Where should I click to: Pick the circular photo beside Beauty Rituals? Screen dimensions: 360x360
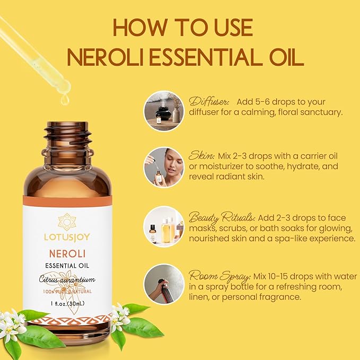coord(164,226)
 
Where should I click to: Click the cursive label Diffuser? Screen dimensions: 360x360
coord(209,101)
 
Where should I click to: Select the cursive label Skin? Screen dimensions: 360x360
coord(201,157)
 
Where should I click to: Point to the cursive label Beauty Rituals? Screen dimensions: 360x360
coord(222,218)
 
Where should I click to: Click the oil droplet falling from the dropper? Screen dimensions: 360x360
coord(65,99)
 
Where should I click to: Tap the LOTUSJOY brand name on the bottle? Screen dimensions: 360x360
coord(67,233)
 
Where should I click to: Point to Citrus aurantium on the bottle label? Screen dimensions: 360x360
coord(67,280)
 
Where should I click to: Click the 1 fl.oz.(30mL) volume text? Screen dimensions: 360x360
coord(67,303)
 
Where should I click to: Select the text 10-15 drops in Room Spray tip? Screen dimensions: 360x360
coord(274,277)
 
